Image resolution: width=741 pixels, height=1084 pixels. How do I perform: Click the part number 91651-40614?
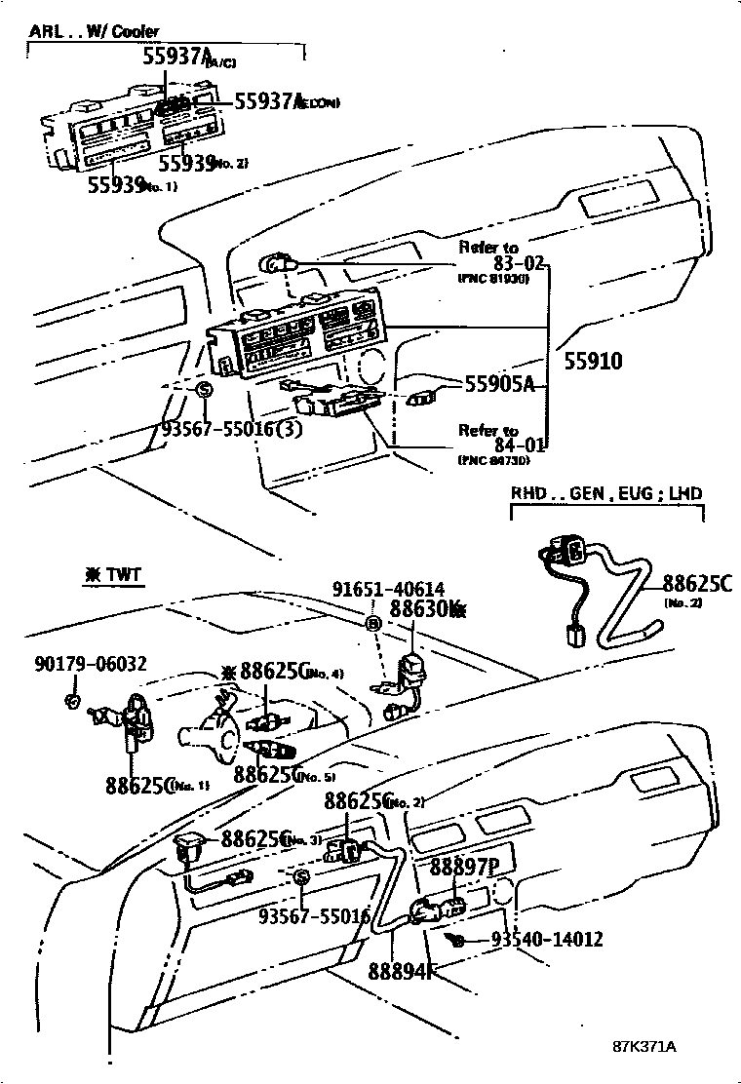pos(388,589)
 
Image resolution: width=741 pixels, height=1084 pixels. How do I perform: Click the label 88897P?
pos(464,868)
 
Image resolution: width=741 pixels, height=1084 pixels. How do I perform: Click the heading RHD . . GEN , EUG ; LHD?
pos(606,493)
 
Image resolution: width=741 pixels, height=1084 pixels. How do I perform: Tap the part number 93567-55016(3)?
pos(232,429)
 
